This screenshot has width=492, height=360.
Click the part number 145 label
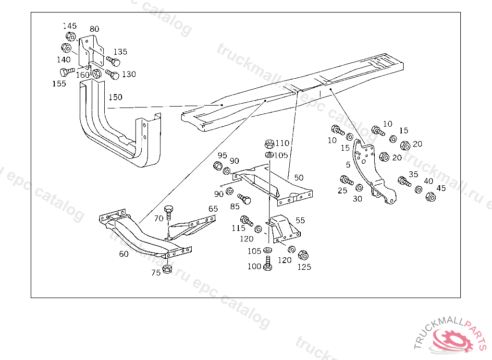pos(70,26)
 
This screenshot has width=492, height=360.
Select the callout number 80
pos(94,29)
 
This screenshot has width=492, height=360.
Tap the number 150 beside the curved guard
pos(115,97)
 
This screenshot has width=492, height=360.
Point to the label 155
pos(60,84)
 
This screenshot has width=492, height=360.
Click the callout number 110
pos(283,143)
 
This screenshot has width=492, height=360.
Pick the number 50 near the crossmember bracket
pos(299,178)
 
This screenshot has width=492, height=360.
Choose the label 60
pos(123,254)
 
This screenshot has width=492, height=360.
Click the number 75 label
pos(156,273)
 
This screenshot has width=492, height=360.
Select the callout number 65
pos(213,209)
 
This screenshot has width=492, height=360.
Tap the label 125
pos(304,267)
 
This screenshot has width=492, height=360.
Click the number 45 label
pos(441,188)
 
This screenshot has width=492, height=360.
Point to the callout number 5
pos(348,165)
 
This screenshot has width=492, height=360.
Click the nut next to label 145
pos(70,36)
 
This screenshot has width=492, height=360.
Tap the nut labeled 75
pos(168,268)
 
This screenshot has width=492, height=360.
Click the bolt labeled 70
pos(168,212)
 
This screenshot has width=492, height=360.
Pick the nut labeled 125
pos(303,255)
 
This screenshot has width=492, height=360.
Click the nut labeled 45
pos(431,197)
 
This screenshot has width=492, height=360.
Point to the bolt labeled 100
pos(268,264)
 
